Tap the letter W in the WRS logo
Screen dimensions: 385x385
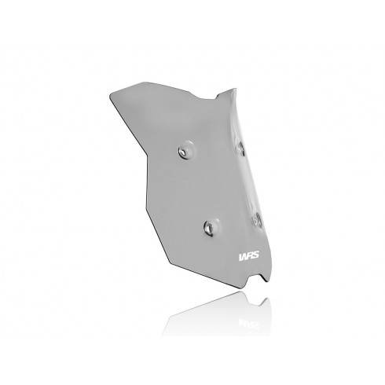point(243,256)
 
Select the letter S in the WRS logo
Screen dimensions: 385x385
point(255,255)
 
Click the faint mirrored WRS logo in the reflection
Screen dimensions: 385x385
point(248,324)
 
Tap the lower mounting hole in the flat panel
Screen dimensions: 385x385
point(209,228)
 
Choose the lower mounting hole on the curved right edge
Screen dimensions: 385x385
point(257,219)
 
